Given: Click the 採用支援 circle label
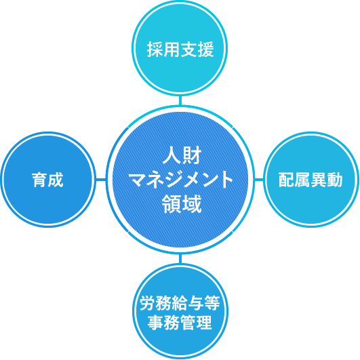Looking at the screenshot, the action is click(x=180, y=49).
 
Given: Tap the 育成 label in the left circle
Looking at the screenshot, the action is click(x=47, y=180).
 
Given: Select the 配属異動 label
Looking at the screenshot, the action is click(x=311, y=180).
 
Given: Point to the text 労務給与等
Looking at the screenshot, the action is click(x=180, y=303).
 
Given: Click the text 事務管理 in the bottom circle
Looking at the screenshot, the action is click(x=180, y=322).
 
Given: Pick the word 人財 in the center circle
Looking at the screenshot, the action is click(x=182, y=155).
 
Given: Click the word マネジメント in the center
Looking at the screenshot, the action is click(x=182, y=180).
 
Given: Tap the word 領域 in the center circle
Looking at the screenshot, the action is click(x=182, y=204).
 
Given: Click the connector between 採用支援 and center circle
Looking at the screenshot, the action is click(x=180, y=100).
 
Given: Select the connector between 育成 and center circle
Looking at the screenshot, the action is click(x=101, y=179).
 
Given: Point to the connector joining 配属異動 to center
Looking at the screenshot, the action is click(x=259, y=179).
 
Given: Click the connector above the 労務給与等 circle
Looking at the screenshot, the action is click(x=180, y=258).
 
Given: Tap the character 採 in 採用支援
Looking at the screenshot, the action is click(x=155, y=49).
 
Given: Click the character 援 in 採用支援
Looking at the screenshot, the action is click(x=206, y=49).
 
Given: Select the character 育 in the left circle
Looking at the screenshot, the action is click(x=39, y=180).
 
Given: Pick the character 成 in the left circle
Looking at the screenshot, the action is click(x=56, y=180).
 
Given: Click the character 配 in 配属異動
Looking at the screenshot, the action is click(x=286, y=180).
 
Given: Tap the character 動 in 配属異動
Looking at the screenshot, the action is click(x=335, y=180).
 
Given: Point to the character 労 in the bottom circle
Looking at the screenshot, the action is click(x=148, y=303).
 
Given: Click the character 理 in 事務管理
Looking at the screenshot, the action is click(x=204, y=322).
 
